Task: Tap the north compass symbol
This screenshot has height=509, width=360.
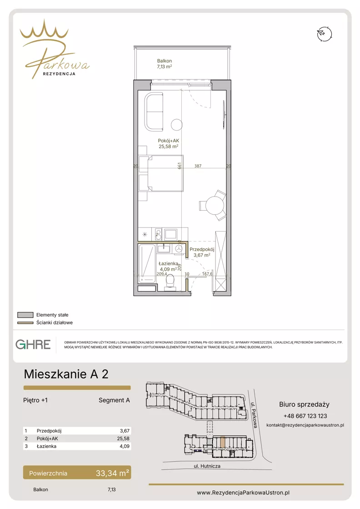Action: (x=325, y=34)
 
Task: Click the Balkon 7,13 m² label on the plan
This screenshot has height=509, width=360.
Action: (x=165, y=64)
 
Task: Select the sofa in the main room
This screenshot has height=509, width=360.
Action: (x=154, y=111)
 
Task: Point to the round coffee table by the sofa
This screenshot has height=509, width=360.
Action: (x=177, y=125)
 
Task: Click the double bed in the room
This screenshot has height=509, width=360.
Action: (x=161, y=173)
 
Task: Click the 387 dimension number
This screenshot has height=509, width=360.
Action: (x=198, y=166)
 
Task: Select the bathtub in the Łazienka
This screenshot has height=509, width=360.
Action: (x=147, y=264)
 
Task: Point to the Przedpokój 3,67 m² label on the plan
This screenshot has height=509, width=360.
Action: (x=202, y=252)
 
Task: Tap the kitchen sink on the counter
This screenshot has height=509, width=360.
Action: (x=170, y=234)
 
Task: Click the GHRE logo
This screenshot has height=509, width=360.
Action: (x=33, y=344)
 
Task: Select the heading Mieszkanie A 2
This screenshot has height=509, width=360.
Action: (x=66, y=374)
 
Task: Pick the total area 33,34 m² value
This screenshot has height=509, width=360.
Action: (x=112, y=473)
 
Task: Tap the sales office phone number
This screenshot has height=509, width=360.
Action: (x=305, y=416)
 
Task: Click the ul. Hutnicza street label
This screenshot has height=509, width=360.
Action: (x=207, y=466)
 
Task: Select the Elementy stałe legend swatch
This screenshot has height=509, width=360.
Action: (x=25, y=315)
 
